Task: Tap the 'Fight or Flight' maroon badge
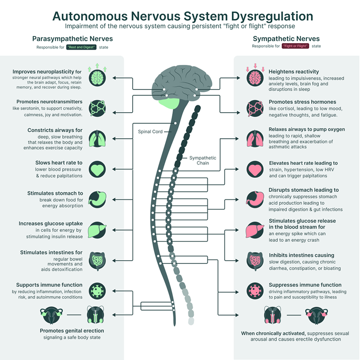(295, 46)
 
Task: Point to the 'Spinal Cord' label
(150, 131)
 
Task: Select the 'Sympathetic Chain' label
(203, 161)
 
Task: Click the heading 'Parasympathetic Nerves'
(72, 39)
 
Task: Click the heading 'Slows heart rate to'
(59, 163)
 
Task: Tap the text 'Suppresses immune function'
(305, 285)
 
